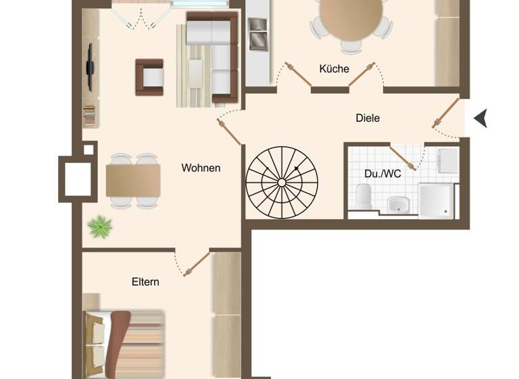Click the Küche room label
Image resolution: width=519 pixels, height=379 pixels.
334,69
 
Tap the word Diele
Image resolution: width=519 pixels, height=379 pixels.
368,118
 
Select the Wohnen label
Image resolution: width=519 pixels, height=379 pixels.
201,168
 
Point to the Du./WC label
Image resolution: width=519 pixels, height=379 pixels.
382,174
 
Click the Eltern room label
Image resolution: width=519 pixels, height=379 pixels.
145,282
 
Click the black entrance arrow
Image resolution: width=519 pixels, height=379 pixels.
480,118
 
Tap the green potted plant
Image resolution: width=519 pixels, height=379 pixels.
100,226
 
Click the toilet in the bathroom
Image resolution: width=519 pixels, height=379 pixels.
364,197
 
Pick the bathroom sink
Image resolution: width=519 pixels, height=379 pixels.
399,204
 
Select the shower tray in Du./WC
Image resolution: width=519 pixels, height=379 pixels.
436,201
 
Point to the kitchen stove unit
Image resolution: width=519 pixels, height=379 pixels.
257,34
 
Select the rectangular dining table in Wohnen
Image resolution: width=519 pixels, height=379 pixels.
133,181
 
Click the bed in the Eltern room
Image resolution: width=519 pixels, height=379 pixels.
125,341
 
